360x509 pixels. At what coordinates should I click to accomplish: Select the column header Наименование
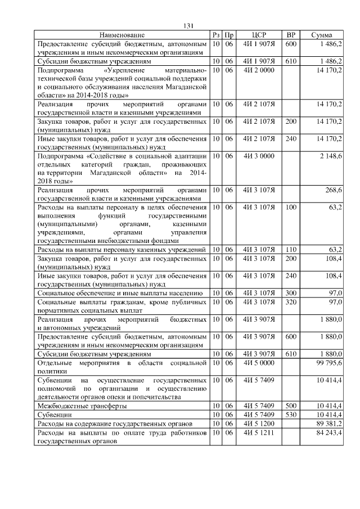point(122,35)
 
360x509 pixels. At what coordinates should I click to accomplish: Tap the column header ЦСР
point(259,35)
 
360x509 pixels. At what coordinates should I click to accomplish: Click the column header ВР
point(291,35)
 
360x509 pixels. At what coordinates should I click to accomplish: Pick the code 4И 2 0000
point(259,70)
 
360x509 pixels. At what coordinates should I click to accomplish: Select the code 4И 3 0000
point(259,155)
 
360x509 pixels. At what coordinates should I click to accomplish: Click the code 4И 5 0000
point(259,365)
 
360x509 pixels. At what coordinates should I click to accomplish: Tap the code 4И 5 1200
point(259,422)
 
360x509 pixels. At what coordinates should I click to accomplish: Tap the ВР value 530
point(291,413)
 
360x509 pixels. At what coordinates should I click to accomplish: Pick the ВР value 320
point(291,301)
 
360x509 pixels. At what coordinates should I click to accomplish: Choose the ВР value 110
point(291,249)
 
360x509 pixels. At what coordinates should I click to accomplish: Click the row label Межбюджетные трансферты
point(82,405)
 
